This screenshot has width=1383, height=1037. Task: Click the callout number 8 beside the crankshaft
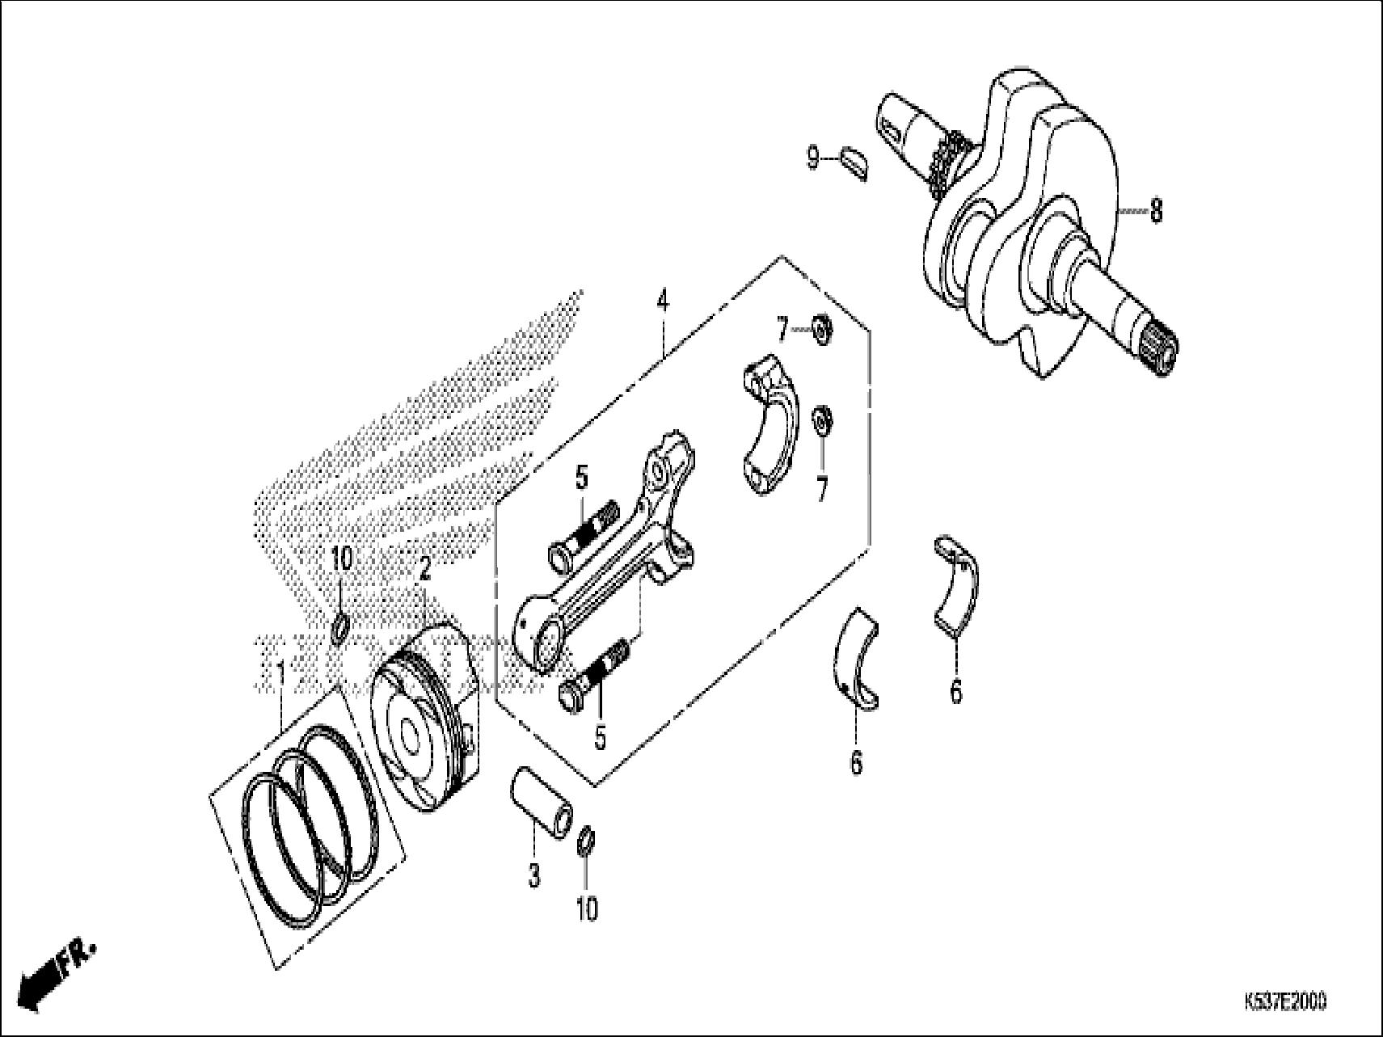tap(1156, 212)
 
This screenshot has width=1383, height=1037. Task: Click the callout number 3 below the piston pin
tap(534, 876)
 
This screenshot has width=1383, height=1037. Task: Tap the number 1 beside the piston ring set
tap(280, 671)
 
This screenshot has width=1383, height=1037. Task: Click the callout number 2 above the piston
tap(424, 572)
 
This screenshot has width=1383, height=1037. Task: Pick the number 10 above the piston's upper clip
tap(342, 559)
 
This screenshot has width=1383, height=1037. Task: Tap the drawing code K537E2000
tap(1284, 1003)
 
